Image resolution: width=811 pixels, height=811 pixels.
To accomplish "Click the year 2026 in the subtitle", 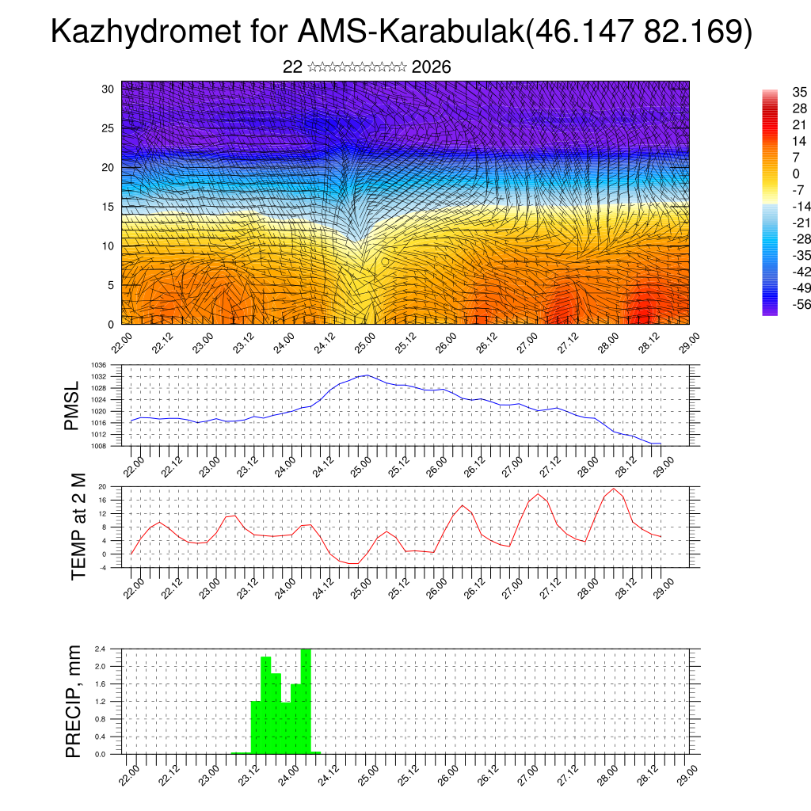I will [432, 67].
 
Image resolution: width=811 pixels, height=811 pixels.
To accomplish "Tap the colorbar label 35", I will [799, 93].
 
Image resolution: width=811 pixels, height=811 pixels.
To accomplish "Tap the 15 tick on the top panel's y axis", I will [109, 207].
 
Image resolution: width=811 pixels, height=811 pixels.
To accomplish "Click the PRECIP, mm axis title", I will [74, 700].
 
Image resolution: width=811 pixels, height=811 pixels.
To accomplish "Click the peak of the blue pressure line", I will [365, 375].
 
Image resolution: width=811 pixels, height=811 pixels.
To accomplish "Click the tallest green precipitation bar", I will [306, 701].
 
